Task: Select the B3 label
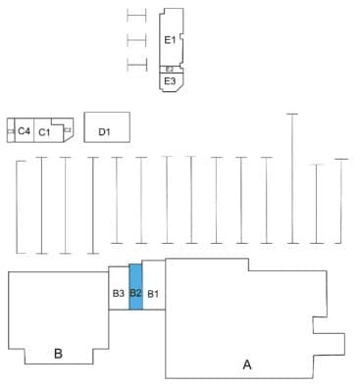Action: click(118, 293)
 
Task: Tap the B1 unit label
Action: click(153, 293)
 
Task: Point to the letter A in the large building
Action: click(247, 363)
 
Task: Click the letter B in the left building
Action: click(58, 353)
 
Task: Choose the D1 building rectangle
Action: click(107, 128)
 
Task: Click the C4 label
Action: click(24, 131)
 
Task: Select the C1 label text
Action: click(45, 131)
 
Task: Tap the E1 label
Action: click(170, 40)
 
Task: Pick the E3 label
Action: click(170, 81)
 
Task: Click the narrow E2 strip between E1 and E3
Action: click(170, 69)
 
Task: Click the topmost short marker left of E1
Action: click(136, 16)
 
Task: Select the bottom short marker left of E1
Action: click(136, 66)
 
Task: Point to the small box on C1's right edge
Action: click(68, 129)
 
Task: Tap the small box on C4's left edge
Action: click(10, 130)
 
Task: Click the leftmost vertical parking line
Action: click(18, 206)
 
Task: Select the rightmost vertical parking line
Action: click(340, 201)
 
